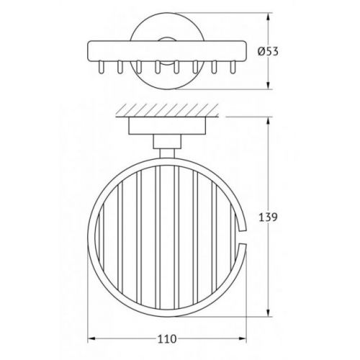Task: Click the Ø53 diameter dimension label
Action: (268, 51)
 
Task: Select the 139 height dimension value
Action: (268, 217)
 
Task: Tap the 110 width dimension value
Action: (167, 339)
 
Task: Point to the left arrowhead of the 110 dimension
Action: (91, 339)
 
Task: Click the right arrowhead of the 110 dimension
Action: (243, 339)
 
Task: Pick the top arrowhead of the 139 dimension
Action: (269, 122)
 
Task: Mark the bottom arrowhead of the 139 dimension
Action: (269, 312)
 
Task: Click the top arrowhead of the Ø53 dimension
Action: (269, 17)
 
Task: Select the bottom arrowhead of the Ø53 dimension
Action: (269, 85)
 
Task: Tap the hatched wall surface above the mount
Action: (167, 110)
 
